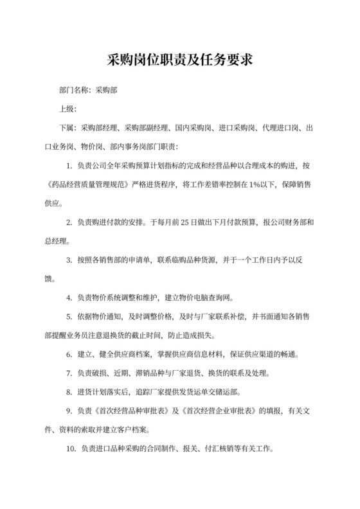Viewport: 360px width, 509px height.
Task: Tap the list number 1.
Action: point(68,166)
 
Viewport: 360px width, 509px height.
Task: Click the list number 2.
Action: point(68,222)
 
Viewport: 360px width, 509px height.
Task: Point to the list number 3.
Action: point(68,260)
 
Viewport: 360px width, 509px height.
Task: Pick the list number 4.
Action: point(68,298)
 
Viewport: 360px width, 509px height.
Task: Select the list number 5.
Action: point(68,316)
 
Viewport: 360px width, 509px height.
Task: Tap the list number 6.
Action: point(68,354)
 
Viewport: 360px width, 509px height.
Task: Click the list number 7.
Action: point(68,373)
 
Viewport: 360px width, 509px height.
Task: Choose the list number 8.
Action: point(68,391)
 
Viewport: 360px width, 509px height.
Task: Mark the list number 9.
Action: point(68,411)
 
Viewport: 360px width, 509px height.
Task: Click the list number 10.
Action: point(70,448)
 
